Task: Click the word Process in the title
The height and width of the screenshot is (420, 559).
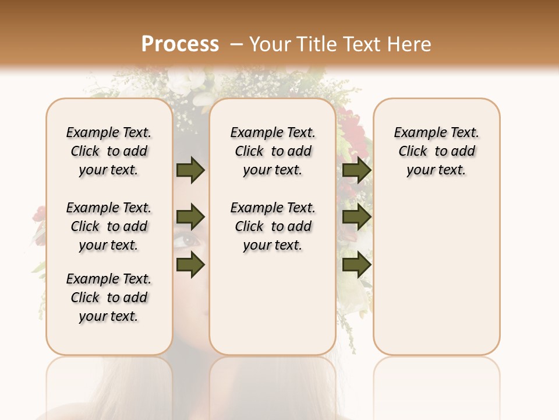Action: [x=180, y=44]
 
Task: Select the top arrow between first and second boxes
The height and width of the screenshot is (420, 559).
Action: [x=190, y=170]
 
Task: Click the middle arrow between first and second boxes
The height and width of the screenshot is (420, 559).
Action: [x=190, y=218]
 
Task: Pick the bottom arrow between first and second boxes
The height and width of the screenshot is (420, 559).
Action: [x=190, y=265]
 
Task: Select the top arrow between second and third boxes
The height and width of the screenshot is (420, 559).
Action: [x=357, y=170]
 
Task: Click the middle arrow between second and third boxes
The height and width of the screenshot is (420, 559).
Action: [x=357, y=218]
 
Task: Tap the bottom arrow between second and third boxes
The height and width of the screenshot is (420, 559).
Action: [x=357, y=265]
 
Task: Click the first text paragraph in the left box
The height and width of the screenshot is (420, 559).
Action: [x=109, y=151]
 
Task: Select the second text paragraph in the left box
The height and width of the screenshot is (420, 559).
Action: [x=109, y=226]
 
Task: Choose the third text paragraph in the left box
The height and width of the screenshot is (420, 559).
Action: [x=109, y=297]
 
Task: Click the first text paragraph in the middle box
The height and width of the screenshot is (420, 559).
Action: [x=273, y=151]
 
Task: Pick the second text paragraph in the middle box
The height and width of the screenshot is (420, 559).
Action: [x=273, y=226]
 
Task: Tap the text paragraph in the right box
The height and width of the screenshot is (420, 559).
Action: [x=436, y=151]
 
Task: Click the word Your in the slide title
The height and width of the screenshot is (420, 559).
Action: [x=271, y=44]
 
